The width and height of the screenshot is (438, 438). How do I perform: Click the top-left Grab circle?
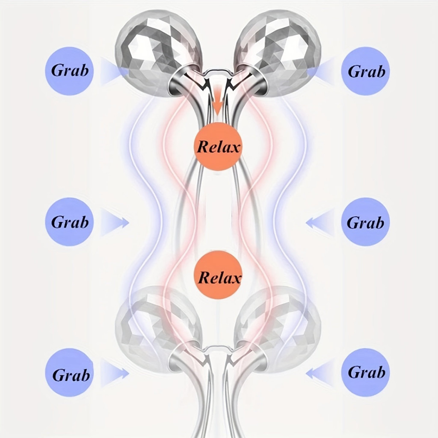(70, 71)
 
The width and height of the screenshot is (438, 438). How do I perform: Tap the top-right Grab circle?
(365, 71)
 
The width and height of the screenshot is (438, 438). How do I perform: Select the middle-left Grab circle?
(70, 222)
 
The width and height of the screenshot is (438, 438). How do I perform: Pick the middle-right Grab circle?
(365, 222)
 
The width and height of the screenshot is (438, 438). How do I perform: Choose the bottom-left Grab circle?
(70, 373)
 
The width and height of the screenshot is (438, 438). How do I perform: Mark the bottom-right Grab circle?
(365, 373)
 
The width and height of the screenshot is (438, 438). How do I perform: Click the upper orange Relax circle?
(218, 146)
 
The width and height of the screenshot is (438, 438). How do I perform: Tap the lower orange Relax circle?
(218, 275)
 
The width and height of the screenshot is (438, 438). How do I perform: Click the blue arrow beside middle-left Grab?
(115, 222)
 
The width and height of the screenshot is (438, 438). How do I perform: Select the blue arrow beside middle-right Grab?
(320, 222)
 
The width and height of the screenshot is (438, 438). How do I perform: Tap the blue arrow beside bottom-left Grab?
(115, 373)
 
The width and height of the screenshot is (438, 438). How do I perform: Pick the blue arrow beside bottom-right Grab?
(320, 373)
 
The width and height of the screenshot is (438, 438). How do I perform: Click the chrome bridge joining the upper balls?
(218, 75)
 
